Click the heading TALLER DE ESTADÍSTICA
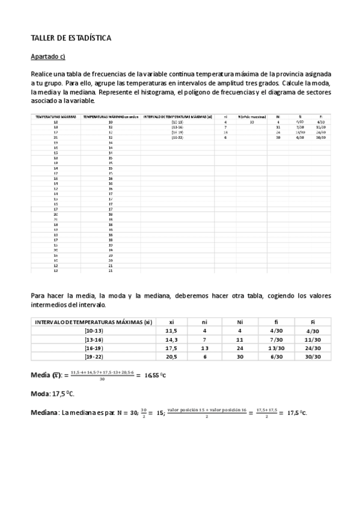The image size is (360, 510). pos(70,38)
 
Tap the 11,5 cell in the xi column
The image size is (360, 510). pos(172,331)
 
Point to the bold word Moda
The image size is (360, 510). pos(41,394)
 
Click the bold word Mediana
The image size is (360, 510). pos(44,413)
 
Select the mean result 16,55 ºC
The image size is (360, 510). pos(157,376)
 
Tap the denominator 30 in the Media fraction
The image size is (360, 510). pos(103,379)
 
